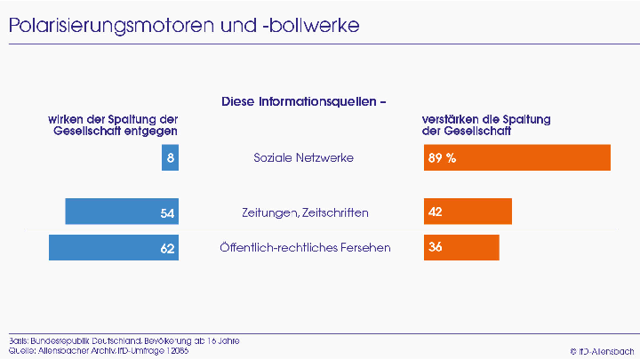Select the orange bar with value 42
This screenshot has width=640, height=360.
(468, 212)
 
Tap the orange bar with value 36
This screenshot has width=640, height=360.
(461, 247)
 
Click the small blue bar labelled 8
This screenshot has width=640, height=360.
(170, 157)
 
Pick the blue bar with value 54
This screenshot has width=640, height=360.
(122, 212)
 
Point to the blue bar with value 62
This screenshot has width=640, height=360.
(114, 247)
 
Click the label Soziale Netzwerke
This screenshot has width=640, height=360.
(304, 158)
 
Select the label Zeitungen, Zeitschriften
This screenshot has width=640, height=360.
(305, 212)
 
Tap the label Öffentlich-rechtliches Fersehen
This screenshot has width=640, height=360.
(305, 248)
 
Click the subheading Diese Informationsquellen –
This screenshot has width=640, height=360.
(304, 101)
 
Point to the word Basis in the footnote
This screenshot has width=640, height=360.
(16, 340)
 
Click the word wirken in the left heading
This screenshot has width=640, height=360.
(64, 119)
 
